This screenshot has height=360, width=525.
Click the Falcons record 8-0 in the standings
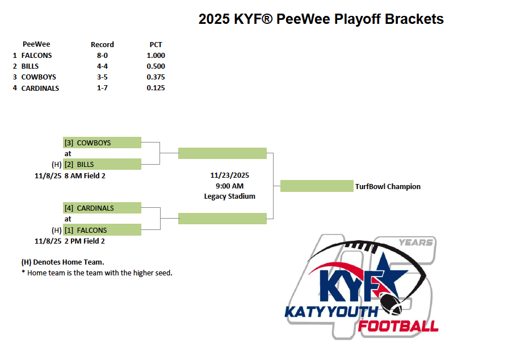pyautogui.click(x=102, y=55)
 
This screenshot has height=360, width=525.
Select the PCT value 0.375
pyautogui.click(x=156, y=77)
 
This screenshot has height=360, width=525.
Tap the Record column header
pyautogui.click(x=102, y=44)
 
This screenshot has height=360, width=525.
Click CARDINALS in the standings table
pyautogui.click(x=40, y=88)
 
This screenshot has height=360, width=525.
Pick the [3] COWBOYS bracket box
pyautogui.click(x=102, y=143)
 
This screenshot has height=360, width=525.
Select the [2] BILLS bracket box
pyautogui.click(x=102, y=164)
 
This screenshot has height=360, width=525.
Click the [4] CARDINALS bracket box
pyautogui.click(x=102, y=208)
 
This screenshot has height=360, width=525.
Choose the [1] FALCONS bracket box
pyautogui.click(x=102, y=230)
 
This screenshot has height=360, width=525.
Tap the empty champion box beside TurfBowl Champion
pyautogui.click(x=317, y=186)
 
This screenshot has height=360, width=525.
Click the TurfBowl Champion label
pyautogui.click(x=388, y=187)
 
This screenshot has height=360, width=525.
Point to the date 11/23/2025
pyautogui.click(x=230, y=175)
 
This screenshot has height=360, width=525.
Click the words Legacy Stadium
pyautogui.click(x=230, y=196)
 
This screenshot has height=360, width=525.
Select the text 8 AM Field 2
pyautogui.click(x=85, y=176)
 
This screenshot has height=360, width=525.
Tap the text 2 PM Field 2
pyautogui.click(x=85, y=241)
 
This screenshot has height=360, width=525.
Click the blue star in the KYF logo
pyautogui.click(x=388, y=273)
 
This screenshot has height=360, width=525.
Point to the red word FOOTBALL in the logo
pyautogui.click(x=398, y=326)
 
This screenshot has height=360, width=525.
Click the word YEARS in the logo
pyautogui.click(x=416, y=242)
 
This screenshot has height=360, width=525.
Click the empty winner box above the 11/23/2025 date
pyautogui.click(x=222, y=153)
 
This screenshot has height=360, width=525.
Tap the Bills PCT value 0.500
pyautogui.click(x=156, y=66)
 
